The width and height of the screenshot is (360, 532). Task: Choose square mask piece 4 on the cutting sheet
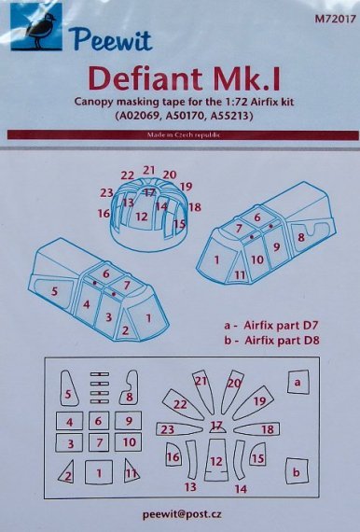71,422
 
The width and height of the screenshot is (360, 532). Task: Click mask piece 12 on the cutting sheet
216,460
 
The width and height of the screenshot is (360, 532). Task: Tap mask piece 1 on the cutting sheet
98,474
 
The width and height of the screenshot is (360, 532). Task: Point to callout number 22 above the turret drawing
127,175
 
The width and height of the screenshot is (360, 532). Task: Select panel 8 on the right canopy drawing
300,239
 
